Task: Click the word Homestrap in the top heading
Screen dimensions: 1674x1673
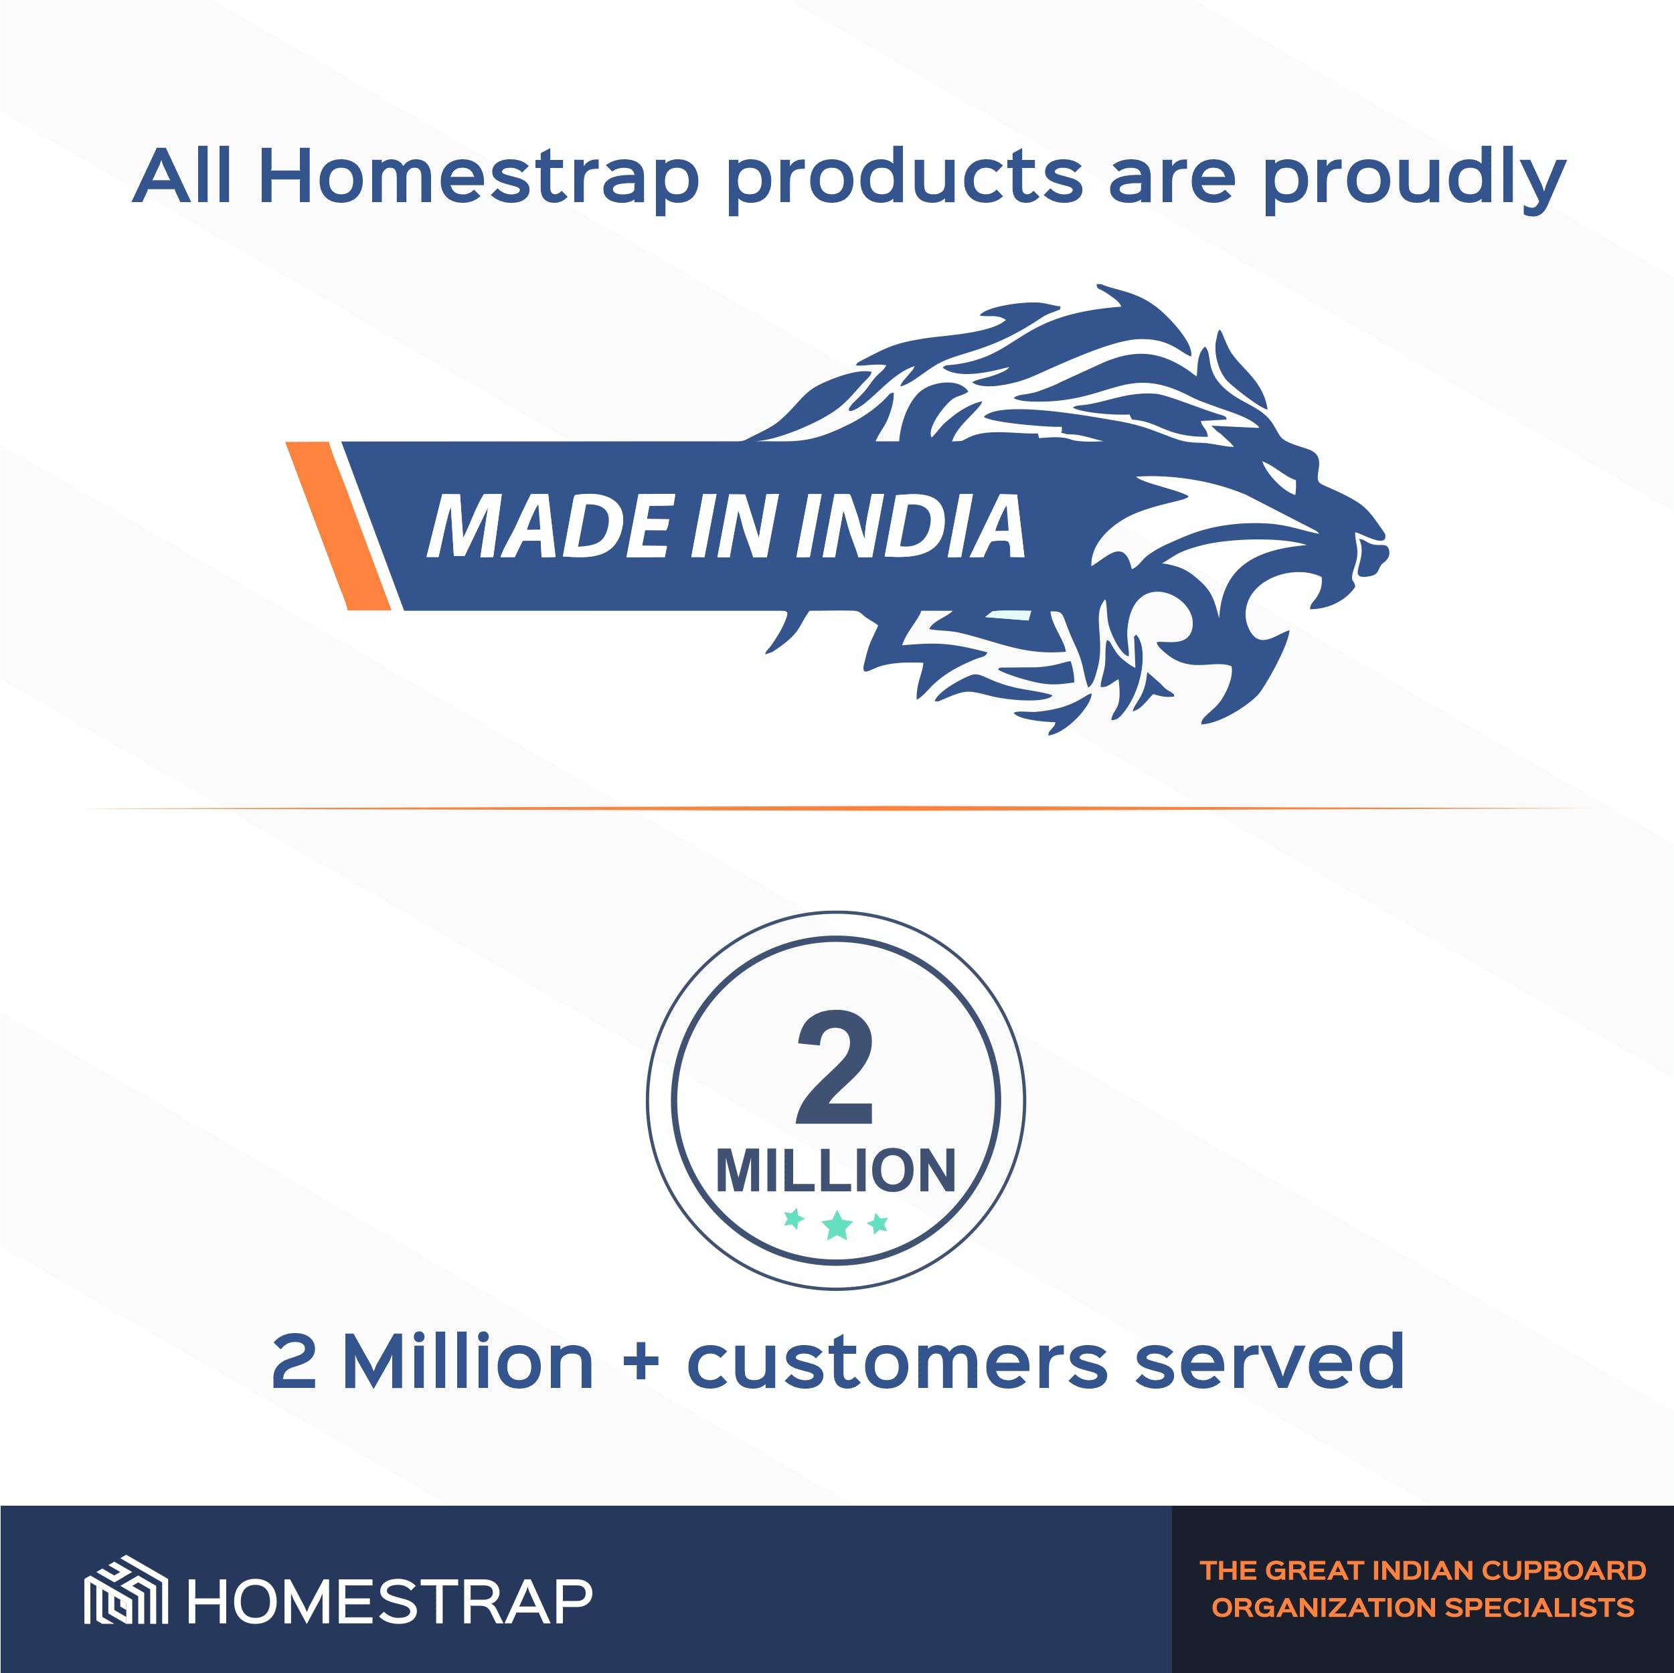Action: pos(479,177)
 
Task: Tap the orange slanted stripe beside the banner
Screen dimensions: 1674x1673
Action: pos(338,526)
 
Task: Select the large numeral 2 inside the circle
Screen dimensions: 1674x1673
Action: pos(835,1067)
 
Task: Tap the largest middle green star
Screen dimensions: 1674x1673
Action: pos(837,1225)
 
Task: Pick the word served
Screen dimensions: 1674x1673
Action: pos(1269,1361)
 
